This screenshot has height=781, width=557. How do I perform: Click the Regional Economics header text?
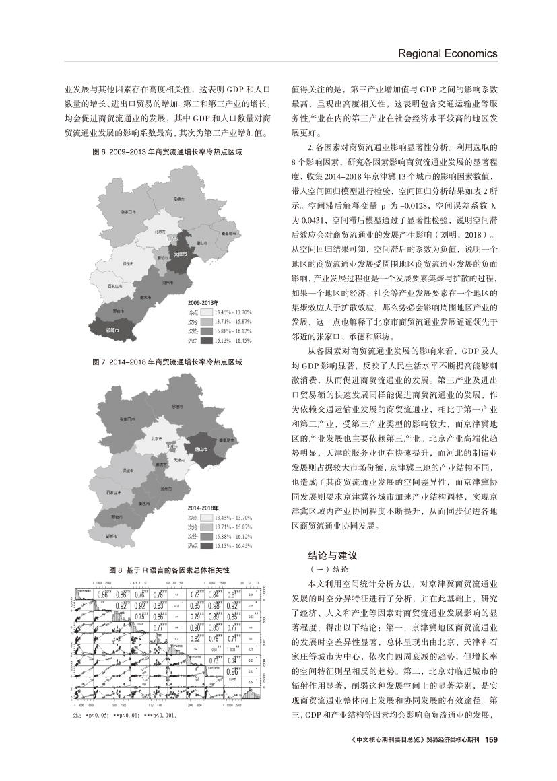coord(448,53)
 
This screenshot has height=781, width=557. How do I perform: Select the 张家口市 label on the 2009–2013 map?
coord(132,212)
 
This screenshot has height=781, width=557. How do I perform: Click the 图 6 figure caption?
coord(167,153)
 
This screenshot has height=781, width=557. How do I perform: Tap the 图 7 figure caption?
coord(167,362)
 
